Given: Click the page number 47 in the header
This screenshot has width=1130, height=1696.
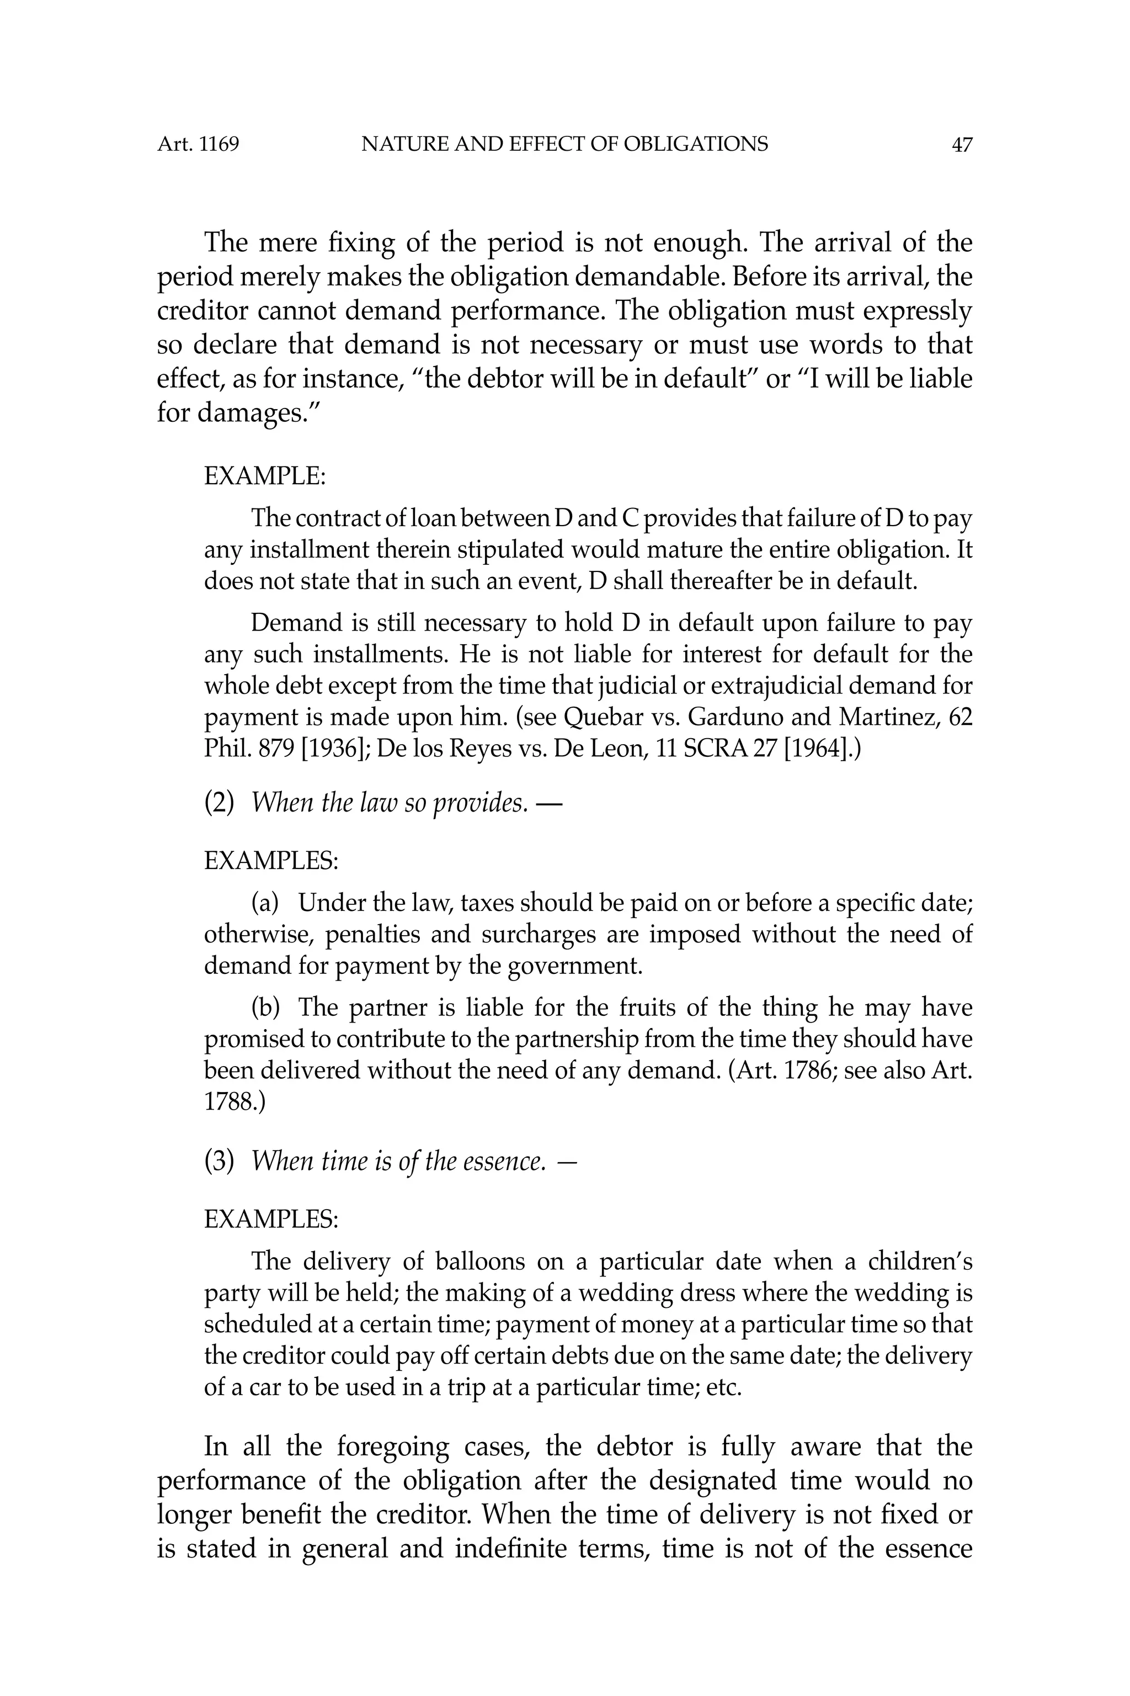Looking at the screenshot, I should click(961, 145).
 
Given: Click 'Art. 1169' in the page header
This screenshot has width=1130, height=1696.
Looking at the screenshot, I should click(198, 145).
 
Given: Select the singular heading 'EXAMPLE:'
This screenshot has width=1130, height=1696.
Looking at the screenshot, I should click(264, 476).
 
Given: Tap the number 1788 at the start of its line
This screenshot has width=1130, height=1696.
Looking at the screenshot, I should click(228, 1102).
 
